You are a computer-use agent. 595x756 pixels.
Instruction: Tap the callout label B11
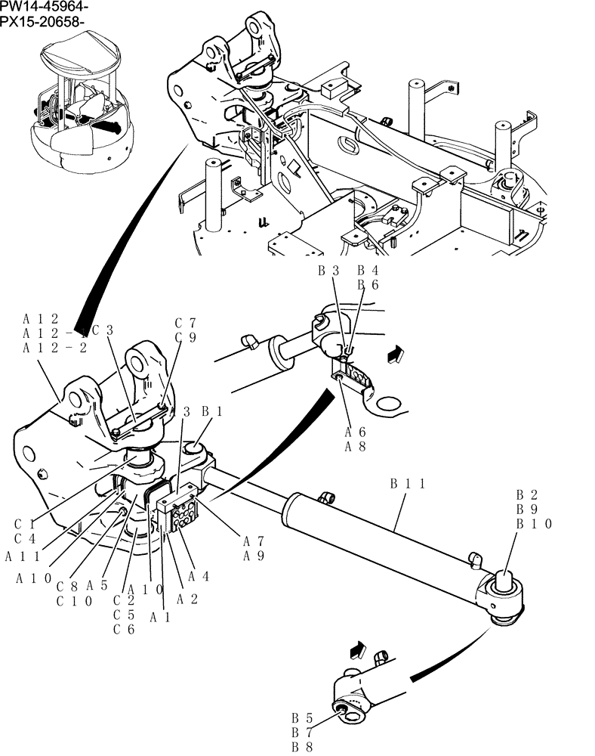click(x=409, y=482)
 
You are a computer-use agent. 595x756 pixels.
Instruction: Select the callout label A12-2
click(x=55, y=348)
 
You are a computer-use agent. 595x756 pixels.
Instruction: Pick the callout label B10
click(x=535, y=524)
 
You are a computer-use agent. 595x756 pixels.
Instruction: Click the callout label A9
click(x=253, y=556)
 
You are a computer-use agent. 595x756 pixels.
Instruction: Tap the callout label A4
click(x=198, y=576)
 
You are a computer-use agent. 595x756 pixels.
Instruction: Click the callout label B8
click(x=302, y=746)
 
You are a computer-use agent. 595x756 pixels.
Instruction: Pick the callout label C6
click(x=123, y=629)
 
